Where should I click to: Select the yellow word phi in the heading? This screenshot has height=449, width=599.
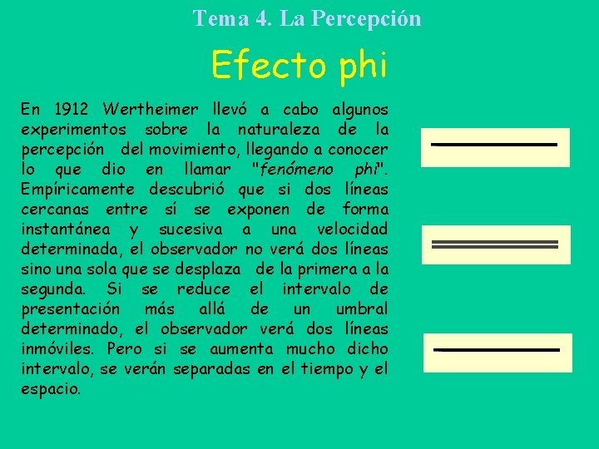tap(361, 66)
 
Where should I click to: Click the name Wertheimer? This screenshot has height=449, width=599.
tap(151, 110)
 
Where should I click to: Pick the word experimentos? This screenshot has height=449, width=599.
tap(73, 130)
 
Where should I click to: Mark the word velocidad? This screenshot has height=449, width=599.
tap(352, 229)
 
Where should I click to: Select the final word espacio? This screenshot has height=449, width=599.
tap(51, 389)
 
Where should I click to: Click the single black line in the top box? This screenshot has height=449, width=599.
tap(494, 144)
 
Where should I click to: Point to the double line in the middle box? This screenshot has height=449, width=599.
tap(494, 244)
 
